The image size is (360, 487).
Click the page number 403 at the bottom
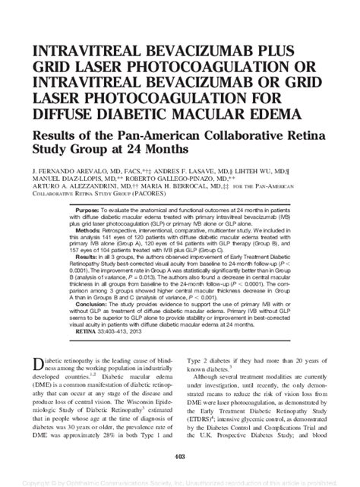[x=180, y=456]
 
